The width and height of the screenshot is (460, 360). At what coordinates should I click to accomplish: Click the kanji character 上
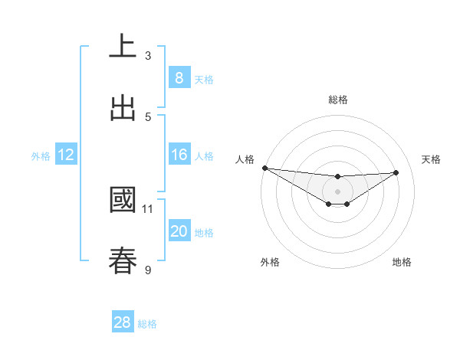pos(123,46)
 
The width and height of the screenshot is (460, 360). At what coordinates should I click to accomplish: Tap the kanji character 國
pos(123,200)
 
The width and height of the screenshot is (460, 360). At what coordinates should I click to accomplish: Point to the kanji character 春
pos(123,260)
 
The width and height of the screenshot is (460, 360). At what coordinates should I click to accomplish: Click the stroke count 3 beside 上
pos(148,55)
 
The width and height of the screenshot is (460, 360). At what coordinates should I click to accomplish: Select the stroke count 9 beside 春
pos(148,270)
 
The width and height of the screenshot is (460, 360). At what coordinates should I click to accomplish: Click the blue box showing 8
pos(179,78)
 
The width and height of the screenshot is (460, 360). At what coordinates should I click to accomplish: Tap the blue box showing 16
pos(179,155)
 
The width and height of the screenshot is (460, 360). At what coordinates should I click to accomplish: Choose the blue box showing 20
pos(179,231)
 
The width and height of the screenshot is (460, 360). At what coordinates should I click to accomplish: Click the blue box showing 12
pos(65,155)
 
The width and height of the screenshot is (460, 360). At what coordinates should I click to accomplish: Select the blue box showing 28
pos(122,322)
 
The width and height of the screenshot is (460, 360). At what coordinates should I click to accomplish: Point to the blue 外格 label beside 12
pos(41,155)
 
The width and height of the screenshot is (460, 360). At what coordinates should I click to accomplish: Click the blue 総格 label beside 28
pos(147,324)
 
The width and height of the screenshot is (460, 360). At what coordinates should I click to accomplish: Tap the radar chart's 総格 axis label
pos(337,100)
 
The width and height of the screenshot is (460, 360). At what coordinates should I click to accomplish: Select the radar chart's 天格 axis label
pos(432,159)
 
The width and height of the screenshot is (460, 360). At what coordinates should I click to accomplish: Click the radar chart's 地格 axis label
pos(402,262)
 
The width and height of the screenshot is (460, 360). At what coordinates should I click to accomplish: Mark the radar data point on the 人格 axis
pos(264,168)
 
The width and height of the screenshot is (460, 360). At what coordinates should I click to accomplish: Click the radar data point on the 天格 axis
pos(396,172)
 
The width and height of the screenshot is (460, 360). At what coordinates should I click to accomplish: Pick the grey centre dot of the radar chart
pos(337,191)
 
